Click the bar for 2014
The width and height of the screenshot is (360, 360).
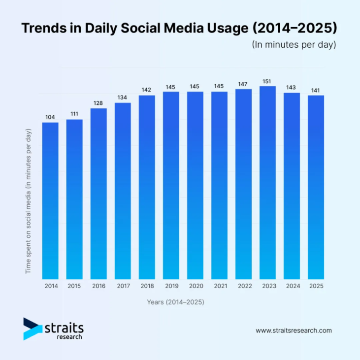pyautogui.click(x=50, y=200)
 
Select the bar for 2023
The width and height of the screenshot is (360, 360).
pyautogui.click(x=268, y=182)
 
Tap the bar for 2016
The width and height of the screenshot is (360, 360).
pyautogui.click(x=98, y=194)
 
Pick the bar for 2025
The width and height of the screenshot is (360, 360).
pyautogui.click(x=316, y=187)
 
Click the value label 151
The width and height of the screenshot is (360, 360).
pyautogui.click(x=267, y=82)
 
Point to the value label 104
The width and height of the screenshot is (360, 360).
pyautogui.click(x=50, y=117)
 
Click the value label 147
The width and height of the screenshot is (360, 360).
pyautogui.click(x=243, y=84)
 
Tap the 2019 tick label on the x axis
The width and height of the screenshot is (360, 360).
pyautogui.click(x=171, y=286)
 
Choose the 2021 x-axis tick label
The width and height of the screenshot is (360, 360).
pyautogui.click(x=219, y=286)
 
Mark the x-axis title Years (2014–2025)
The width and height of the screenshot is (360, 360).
pyautogui.click(x=175, y=302)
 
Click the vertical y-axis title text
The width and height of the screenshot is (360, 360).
pyautogui.click(x=29, y=201)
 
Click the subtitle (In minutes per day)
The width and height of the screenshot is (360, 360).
pyautogui.click(x=294, y=45)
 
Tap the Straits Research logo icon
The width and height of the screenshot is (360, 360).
pyautogui.click(x=32, y=329)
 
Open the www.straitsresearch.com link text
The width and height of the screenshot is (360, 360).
pyautogui.click(x=294, y=330)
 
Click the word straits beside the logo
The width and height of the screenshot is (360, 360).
pyautogui.click(x=64, y=328)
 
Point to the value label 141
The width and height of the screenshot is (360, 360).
pyautogui.click(x=316, y=90)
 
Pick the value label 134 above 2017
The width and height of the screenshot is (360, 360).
pyautogui.click(x=123, y=98)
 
